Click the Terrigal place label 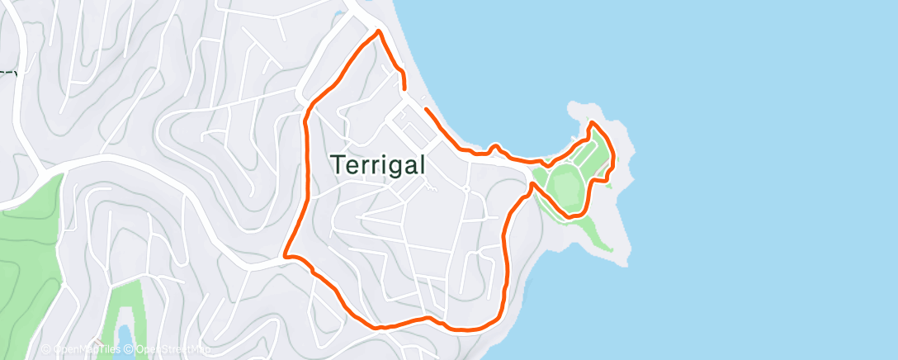[380, 164]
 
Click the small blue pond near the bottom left [123, 334]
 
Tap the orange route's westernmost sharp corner [286, 255]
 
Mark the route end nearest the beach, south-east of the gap [425, 108]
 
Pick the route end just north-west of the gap [404, 87]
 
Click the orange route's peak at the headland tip [593, 123]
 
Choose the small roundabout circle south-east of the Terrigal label [466, 189]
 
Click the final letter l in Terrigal [422, 163]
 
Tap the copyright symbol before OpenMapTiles [46, 349]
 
